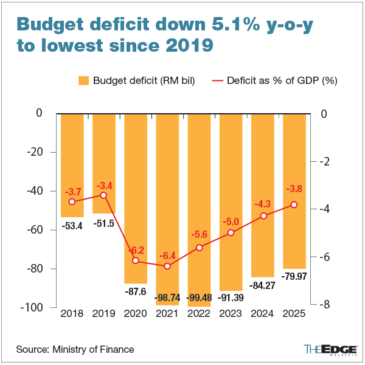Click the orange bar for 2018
coord(72,165)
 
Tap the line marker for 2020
coord(136,261)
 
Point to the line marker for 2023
coord(231,232)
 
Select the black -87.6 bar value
coord(136,291)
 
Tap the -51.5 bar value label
coord(104,223)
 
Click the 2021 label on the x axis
coord(167,315)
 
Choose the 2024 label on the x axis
coord(262,315)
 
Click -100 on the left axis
coord(32,308)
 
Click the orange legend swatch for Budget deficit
coord(84,80)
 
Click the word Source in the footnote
coord(32,349)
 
